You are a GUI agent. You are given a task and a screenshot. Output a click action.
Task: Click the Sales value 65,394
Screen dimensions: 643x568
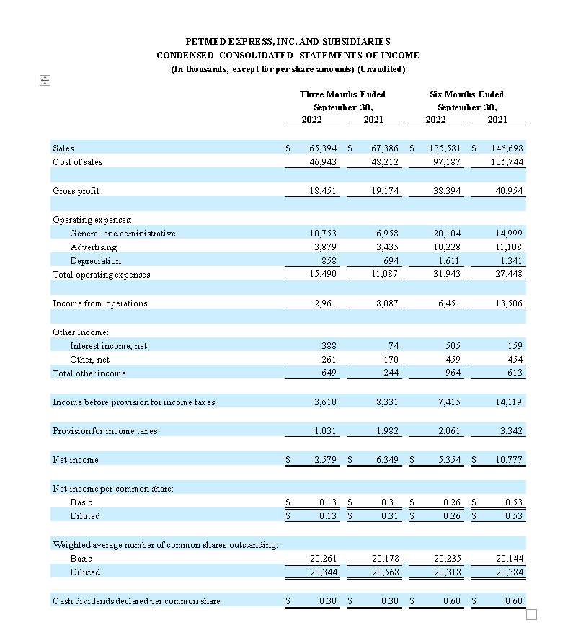[x=323, y=148]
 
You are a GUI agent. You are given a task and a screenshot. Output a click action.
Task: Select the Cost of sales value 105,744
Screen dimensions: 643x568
[x=508, y=162]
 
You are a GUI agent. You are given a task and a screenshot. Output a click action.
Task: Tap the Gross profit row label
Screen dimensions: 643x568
[x=76, y=191]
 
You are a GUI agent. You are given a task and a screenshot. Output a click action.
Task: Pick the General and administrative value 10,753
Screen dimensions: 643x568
[x=323, y=234]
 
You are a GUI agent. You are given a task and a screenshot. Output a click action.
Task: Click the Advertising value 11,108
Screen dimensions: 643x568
[x=508, y=247]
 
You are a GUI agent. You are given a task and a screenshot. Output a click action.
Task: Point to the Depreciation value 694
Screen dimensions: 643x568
[x=389, y=261]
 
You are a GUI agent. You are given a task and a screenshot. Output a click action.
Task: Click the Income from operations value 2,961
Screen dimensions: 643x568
[x=326, y=303]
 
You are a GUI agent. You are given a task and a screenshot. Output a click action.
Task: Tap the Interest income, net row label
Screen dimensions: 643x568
[x=108, y=346]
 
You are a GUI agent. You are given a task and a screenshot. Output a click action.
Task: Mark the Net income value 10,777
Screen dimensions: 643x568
[x=508, y=460]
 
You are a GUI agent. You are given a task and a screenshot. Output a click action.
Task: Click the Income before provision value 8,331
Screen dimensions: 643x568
[x=389, y=402]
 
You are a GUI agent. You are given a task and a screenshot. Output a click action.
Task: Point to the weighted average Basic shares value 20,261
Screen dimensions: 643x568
[x=323, y=559]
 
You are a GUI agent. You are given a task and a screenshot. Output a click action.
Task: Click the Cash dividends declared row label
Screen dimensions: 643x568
[x=136, y=601]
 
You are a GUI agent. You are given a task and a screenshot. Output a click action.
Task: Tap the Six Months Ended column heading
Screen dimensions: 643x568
[x=466, y=94]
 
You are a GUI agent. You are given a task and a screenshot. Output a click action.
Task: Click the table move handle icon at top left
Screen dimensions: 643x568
[x=44, y=81]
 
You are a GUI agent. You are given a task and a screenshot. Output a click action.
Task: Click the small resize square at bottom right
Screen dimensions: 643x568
[x=532, y=614]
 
